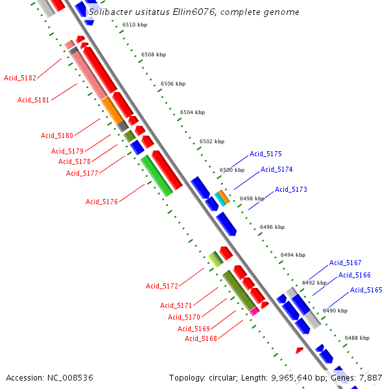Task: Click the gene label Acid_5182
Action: tap(20, 78)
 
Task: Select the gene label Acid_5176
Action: tap(102, 202)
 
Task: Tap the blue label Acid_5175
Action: tap(266, 154)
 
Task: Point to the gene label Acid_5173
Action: tap(291, 189)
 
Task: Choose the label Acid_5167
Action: tap(346, 263)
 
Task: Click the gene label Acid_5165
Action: tap(366, 290)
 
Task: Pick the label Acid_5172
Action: tap(162, 286)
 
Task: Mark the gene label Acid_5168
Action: tap(201, 338)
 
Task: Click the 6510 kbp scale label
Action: tap(135, 25)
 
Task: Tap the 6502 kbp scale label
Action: tap(212, 141)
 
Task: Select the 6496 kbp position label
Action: tap(272, 228)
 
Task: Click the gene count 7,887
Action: tap(371, 377)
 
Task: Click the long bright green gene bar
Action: tap(156, 175)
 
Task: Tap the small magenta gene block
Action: tap(255, 311)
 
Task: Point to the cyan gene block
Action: tap(220, 199)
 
